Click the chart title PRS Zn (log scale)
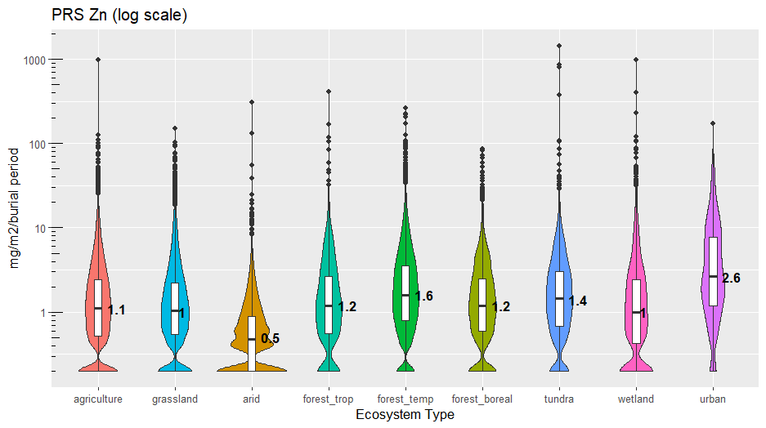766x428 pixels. (x=119, y=16)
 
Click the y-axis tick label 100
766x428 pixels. (x=38, y=145)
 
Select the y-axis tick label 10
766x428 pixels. (x=41, y=229)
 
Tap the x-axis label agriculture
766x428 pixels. (x=98, y=399)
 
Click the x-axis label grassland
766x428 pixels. (x=175, y=399)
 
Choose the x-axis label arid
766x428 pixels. (x=252, y=399)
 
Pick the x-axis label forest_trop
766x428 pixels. (x=328, y=399)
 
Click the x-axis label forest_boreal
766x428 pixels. (x=482, y=399)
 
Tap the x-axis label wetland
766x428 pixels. (x=635, y=399)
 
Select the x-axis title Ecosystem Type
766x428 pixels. (x=405, y=415)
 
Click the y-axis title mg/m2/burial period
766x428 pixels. (x=15, y=207)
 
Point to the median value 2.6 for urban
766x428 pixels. (x=731, y=278)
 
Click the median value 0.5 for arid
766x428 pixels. (x=270, y=338)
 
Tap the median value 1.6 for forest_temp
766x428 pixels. (x=423, y=296)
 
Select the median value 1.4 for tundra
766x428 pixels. (x=577, y=301)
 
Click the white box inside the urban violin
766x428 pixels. (x=713, y=271)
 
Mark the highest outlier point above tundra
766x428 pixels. (x=559, y=46)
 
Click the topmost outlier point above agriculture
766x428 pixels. (x=98, y=60)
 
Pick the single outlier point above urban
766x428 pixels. (x=713, y=123)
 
